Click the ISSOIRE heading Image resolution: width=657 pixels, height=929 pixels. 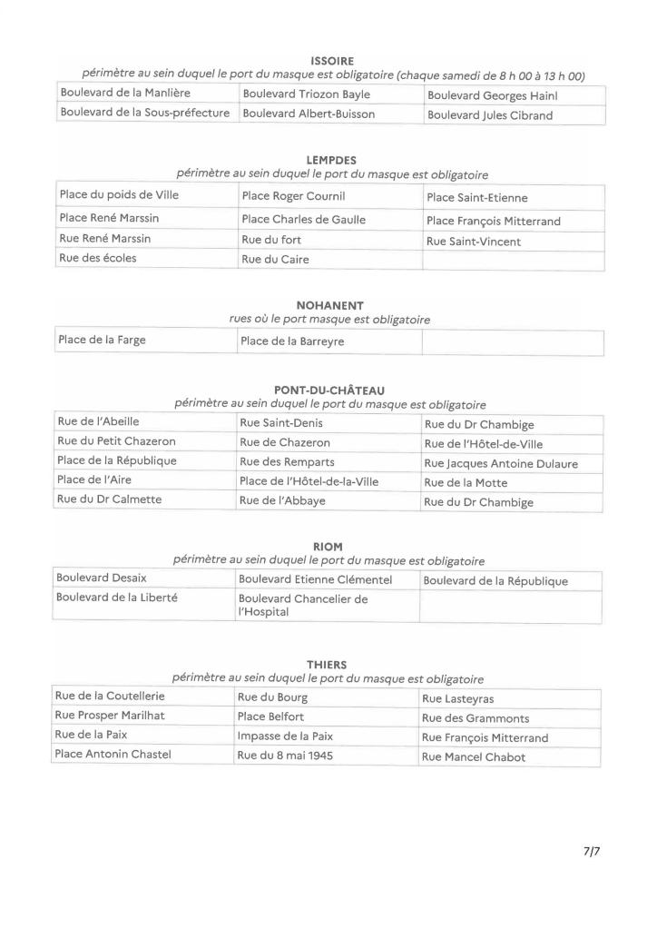(331, 62)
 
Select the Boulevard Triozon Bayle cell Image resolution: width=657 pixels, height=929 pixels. (305, 94)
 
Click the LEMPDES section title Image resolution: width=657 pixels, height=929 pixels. (331, 161)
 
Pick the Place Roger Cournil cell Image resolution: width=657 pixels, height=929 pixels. (292, 196)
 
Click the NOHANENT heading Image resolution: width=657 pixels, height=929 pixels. (329, 306)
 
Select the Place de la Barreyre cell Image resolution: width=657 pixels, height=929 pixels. (291, 341)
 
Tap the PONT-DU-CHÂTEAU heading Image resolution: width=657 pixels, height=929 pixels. (329, 390)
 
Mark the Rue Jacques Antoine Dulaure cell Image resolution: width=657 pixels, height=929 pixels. (500, 463)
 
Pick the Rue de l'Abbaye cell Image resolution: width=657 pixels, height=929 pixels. (282, 501)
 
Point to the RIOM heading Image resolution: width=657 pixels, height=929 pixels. (328, 547)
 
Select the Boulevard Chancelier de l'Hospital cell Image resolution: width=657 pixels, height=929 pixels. (302, 606)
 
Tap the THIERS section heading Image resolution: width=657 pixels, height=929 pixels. (328, 665)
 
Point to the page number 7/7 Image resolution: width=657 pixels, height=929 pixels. (592, 852)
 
